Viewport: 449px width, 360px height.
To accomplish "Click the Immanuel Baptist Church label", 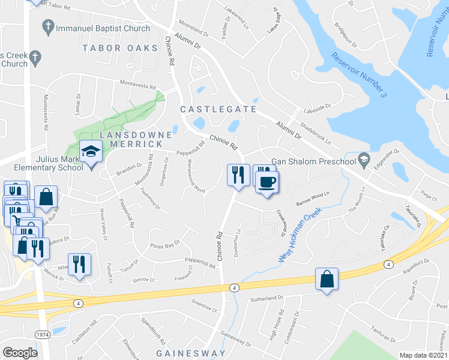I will pos(103,28).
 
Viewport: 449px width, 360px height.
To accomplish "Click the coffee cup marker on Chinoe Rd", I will pos(267,181).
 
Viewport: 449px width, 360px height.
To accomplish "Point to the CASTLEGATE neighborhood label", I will pos(218,109).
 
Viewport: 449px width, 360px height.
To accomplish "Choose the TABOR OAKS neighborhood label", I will pos(120,47).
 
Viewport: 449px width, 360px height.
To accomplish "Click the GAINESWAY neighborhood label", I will pos(191,353).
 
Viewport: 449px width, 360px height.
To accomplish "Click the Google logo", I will pos(20,353).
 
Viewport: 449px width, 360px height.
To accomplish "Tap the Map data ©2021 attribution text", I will pos(424,355).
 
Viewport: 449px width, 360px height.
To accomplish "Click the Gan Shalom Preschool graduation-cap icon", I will pos(363,160).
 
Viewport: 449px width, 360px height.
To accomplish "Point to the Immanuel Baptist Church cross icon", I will pos(47,27).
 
